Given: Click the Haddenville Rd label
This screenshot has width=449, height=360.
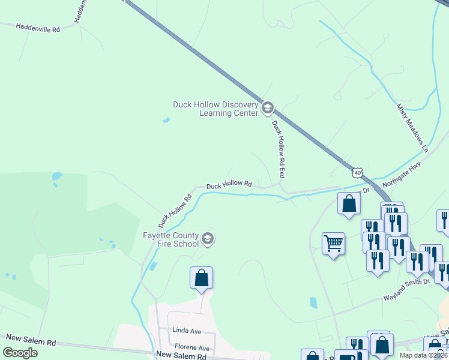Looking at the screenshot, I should click(x=38, y=28).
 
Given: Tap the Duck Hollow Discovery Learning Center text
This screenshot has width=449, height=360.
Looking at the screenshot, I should click(x=215, y=109).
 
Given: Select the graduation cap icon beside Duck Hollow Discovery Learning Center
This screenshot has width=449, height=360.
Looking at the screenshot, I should click(x=267, y=109).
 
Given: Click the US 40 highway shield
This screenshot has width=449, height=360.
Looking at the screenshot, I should click(x=358, y=173).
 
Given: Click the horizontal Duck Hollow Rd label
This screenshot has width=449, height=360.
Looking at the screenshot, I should click(x=229, y=185).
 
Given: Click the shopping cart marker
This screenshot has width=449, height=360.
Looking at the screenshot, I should click(x=333, y=244).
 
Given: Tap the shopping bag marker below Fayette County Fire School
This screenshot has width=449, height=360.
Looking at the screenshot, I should click(x=202, y=278).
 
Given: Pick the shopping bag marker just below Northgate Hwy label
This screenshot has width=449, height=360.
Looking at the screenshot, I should click(x=349, y=203).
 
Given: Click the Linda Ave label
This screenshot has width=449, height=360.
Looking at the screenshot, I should click(x=187, y=331).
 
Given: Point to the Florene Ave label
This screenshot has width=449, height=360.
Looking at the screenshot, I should click(x=192, y=347).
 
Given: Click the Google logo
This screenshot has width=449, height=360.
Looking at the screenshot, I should click(x=20, y=353).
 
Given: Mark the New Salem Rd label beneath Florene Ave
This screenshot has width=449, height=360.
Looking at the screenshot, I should click(x=181, y=356).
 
